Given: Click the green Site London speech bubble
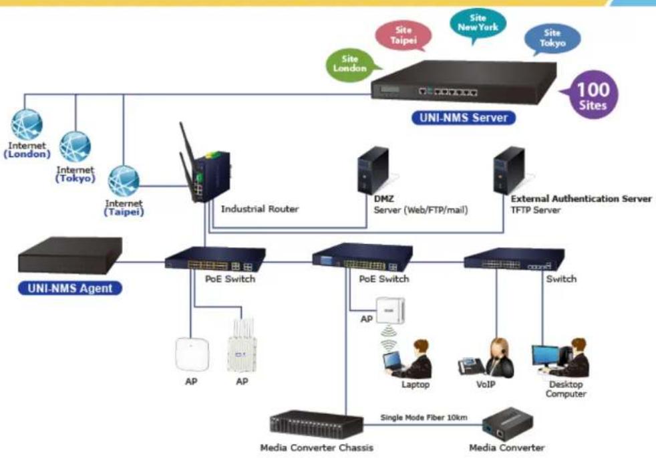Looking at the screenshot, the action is (x=351, y=65).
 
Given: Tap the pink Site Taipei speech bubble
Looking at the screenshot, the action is (x=403, y=35).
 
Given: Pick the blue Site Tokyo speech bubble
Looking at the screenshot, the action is (x=552, y=39).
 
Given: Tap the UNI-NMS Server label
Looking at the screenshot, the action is (x=463, y=118).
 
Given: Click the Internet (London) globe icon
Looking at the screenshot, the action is (x=27, y=124).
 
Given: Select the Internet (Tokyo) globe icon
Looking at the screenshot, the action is (x=75, y=147).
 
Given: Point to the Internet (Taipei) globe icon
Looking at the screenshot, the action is (x=124, y=181).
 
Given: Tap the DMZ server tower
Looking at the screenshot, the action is (x=373, y=170).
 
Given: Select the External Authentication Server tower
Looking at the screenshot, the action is (x=509, y=170).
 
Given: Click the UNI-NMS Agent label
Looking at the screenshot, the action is (x=70, y=288).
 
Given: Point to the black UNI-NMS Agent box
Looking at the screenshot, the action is (x=70, y=255).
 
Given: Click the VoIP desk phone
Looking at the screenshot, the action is (x=471, y=366).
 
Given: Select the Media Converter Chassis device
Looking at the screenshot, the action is (x=317, y=425).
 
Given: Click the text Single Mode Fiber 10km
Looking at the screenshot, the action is (x=424, y=417).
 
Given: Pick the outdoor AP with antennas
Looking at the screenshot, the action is (x=242, y=345).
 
